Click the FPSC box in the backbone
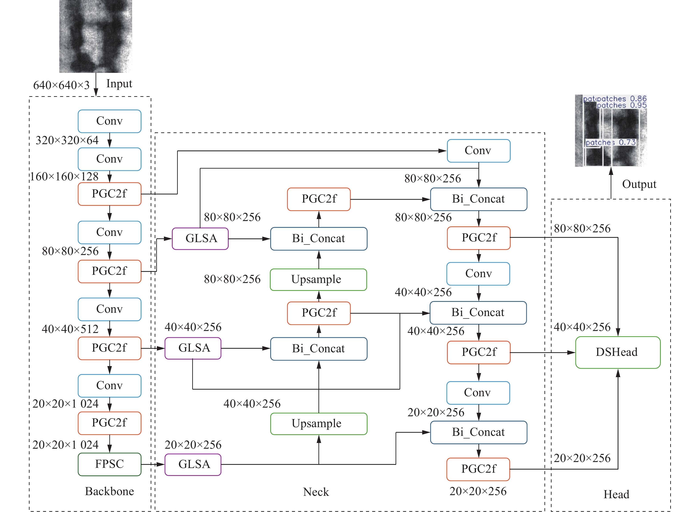click(x=109, y=464)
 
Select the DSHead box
click(x=618, y=352)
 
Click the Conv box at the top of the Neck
click(x=479, y=151)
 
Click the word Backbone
click(x=109, y=491)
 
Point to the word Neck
click(x=316, y=492)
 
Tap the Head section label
click(x=616, y=494)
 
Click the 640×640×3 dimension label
click(x=61, y=85)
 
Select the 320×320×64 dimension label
click(x=67, y=140)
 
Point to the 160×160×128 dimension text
click(x=64, y=176)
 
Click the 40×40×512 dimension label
click(x=70, y=329)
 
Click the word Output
click(x=639, y=184)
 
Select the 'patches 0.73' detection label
click(x=610, y=142)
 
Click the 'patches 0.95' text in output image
click(x=622, y=105)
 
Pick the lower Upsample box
click(x=319, y=424)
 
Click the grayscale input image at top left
click(x=96, y=36)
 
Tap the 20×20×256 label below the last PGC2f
click(x=478, y=491)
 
